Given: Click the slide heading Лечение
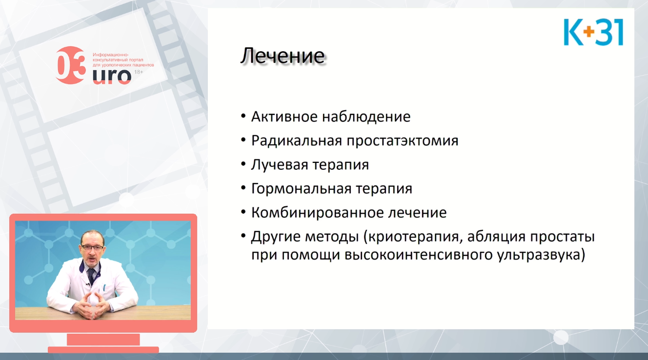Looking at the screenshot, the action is [x=283, y=56].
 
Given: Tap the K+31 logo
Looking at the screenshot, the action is [x=593, y=32].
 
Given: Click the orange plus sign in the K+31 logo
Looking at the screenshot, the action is [x=588, y=32].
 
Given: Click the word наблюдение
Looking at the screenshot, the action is [x=366, y=117].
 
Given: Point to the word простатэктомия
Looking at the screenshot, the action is [x=403, y=141].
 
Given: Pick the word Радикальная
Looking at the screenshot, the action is [x=297, y=141].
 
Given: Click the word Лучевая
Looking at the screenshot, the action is [x=280, y=165].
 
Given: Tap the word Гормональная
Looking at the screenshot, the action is [x=301, y=188].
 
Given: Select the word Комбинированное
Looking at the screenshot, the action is [x=317, y=213].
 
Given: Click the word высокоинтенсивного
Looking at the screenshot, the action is [x=419, y=255].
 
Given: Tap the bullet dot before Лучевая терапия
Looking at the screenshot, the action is [x=243, y=164].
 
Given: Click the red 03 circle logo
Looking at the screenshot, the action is [x=71, y=65].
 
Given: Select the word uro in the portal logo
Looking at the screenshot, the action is [x=112, y=76].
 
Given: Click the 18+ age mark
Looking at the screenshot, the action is [x=139, y=72].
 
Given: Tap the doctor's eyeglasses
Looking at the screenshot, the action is [x=92, y=247].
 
